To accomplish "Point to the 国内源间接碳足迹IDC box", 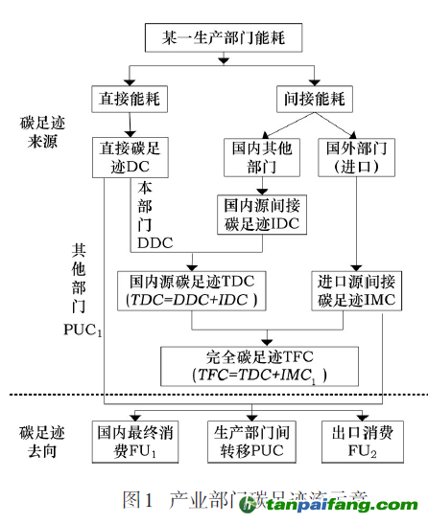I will pos(259,213).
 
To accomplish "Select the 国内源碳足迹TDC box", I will pos(193,290).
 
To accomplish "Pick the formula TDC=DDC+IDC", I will pos(193,301).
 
